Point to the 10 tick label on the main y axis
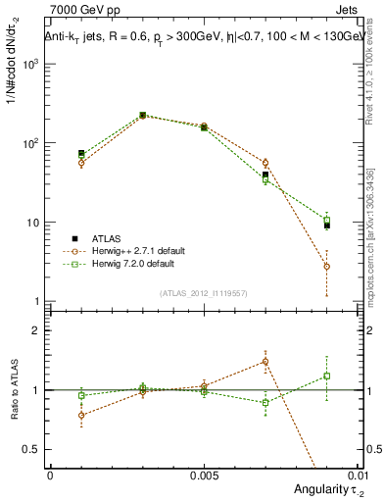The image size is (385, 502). [33, 223]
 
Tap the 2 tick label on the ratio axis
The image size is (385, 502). [36, 330]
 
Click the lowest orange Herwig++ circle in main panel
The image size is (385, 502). [326, 266]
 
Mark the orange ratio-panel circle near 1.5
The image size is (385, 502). [265, 361]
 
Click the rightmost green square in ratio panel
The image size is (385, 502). [326, 376]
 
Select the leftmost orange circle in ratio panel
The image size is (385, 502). [81, 415]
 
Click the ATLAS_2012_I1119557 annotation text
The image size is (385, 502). [203, 293]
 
